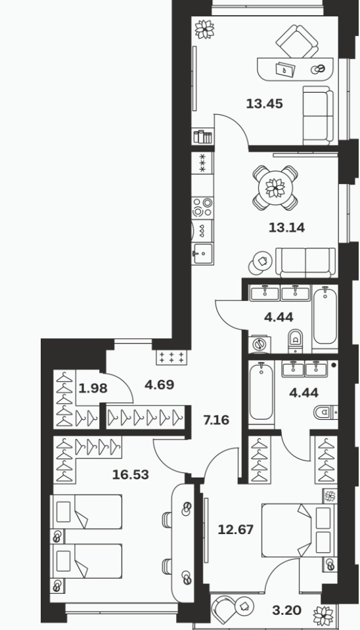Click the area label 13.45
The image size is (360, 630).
pyautogui.click(x=264, y=104)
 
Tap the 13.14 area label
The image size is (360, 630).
pyautogui.click(x=286, y=228)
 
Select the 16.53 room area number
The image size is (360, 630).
pyautogui.click(x=131, y=475)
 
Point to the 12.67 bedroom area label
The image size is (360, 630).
pyautogui.click(x=235, y=529)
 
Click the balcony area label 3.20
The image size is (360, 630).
pyautogui.click(x=287, y=611)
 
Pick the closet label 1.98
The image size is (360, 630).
pyautogui.click(x=93, y=388)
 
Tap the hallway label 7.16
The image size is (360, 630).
pyautogui.click(x=216, y=420)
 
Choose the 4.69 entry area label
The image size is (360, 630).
pyautogui.click(x=160, y=385)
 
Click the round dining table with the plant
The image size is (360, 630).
pyautogui.click(x=275, y=188)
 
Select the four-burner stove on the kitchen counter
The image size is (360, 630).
pyautogui.click(x=202, y=208)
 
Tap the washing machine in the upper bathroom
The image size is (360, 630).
pyautogui.click(x=259, y=345)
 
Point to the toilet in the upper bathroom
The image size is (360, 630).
pyautogui.click(x=296, y=340)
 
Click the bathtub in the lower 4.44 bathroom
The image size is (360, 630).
pyautogui.click(x=261, y=390)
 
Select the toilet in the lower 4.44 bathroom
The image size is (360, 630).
pyautogui.click(x=325, y=413)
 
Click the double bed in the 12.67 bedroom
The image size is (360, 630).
pyautogui.click(x=298, y=530)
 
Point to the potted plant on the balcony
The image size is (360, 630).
pyautogui.click(x=324, y=616)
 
